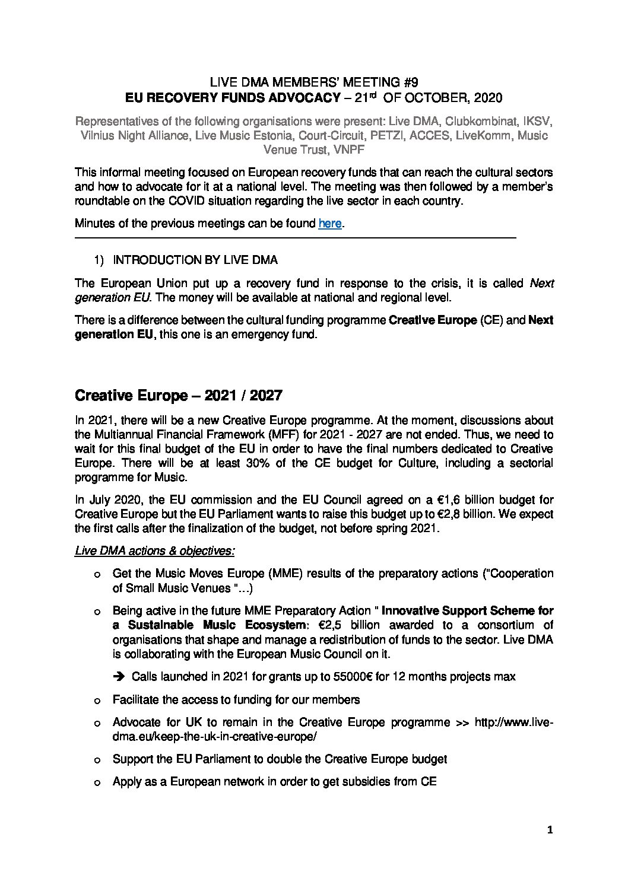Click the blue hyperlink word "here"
[330, 224]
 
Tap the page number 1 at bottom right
[550, 830]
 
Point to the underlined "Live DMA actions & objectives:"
[154, 551]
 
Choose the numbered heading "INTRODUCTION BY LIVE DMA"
[195, 260]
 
